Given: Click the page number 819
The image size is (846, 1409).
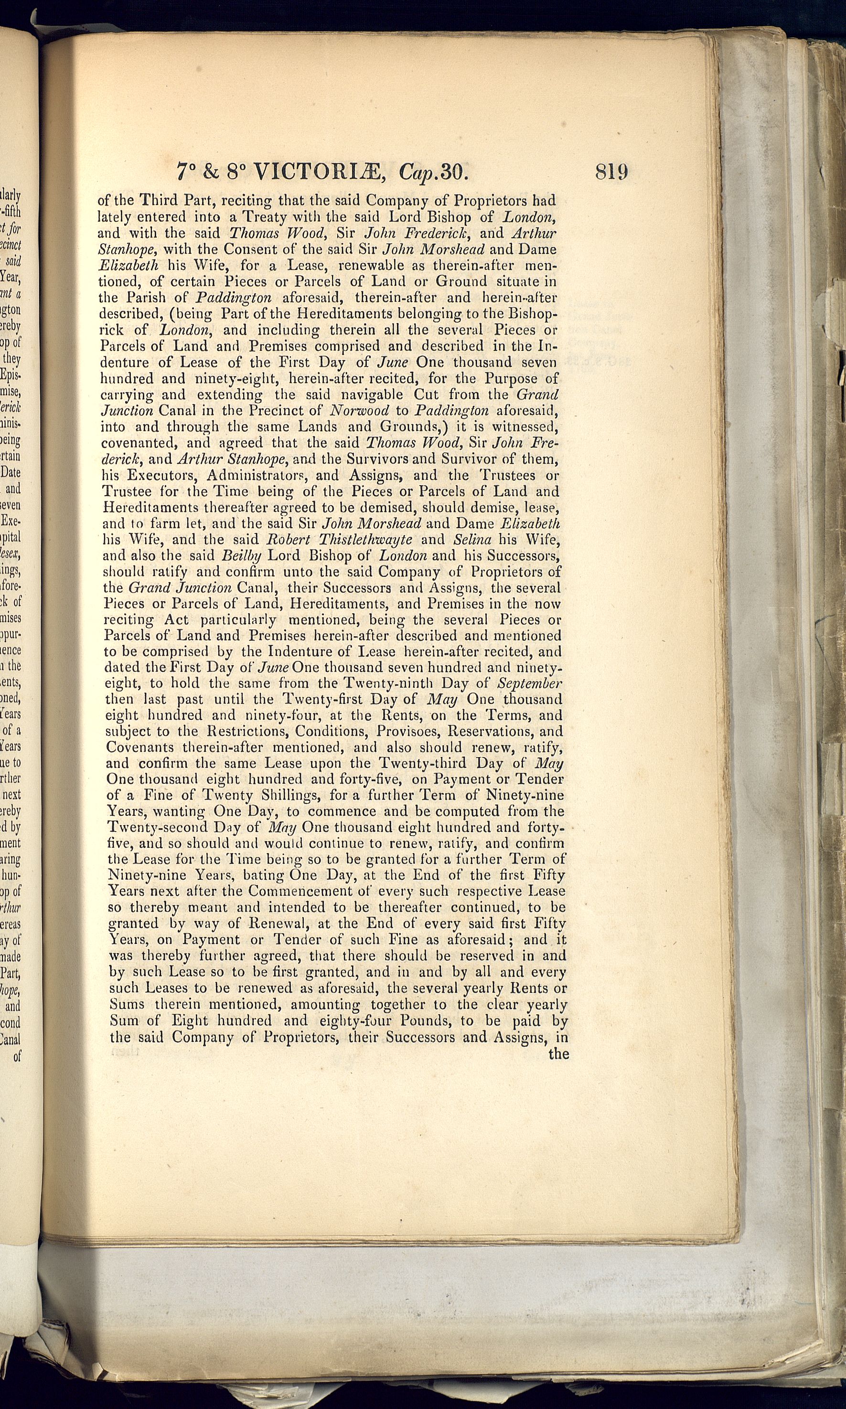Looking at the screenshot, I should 611,172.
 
